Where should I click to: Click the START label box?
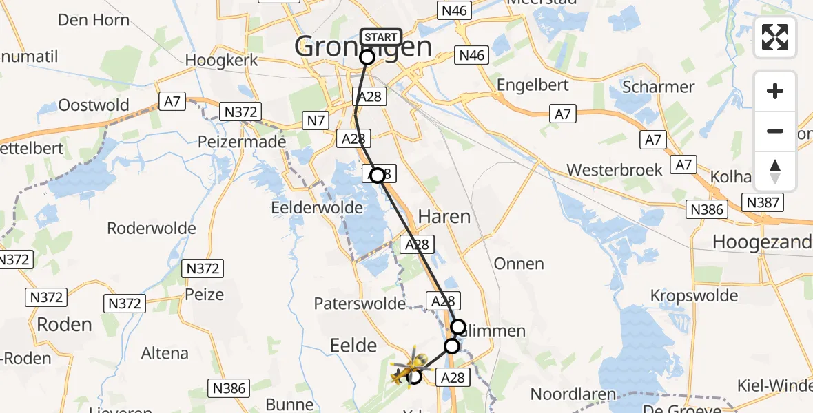[380, 37]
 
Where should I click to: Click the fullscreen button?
[775, 37]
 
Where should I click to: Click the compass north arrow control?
[775, 171]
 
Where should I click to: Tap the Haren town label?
[444, 217]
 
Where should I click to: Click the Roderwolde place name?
[152, 229]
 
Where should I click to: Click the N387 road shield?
[763, 202]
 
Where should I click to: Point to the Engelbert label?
[534, 85]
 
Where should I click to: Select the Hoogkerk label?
[221, 60]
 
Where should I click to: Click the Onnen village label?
[519, 264]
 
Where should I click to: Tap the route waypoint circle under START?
[367, 57]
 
